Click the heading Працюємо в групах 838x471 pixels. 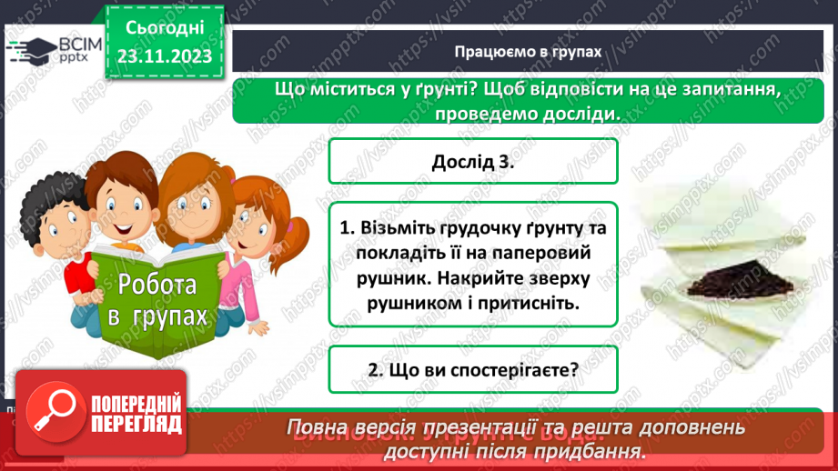point(528,52)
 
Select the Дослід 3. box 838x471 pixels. point(473,164)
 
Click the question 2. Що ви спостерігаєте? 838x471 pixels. point(473,370)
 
